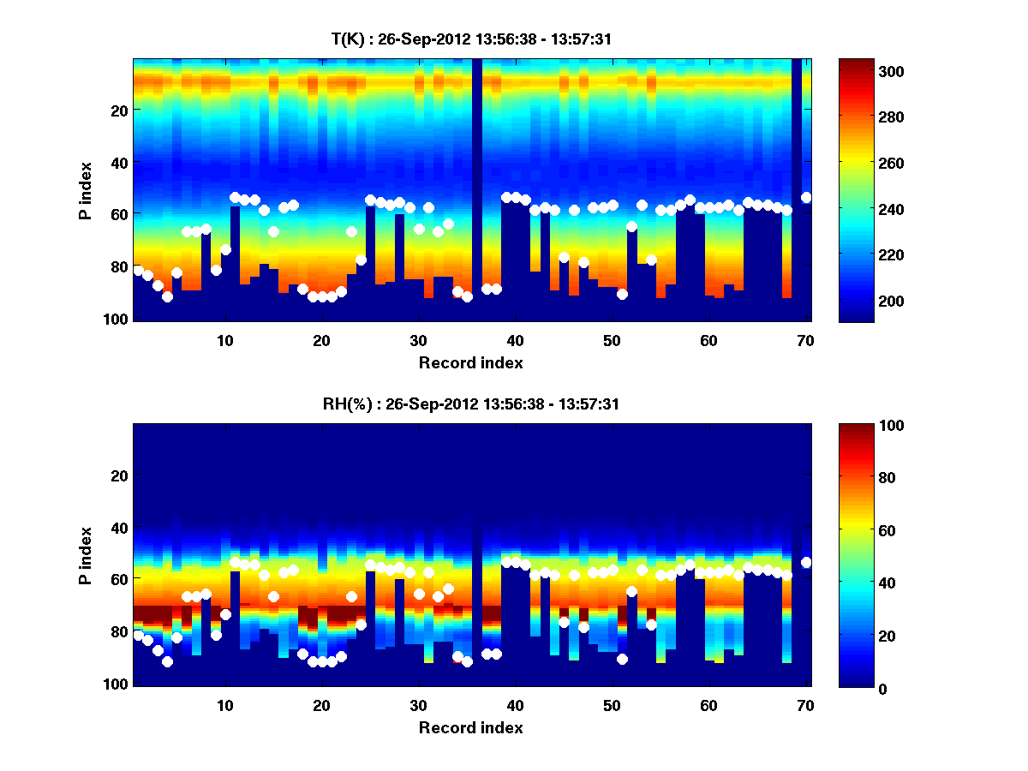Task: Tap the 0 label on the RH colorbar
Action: click(x=860, y=688)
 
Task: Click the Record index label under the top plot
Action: click(x=470, y=363)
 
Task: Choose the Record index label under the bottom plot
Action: click(x=470, y=728)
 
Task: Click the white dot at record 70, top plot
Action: click(x=806, y=198)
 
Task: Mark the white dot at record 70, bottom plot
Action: click(x=806, y=563)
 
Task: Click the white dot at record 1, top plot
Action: click(x=138, y=271)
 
